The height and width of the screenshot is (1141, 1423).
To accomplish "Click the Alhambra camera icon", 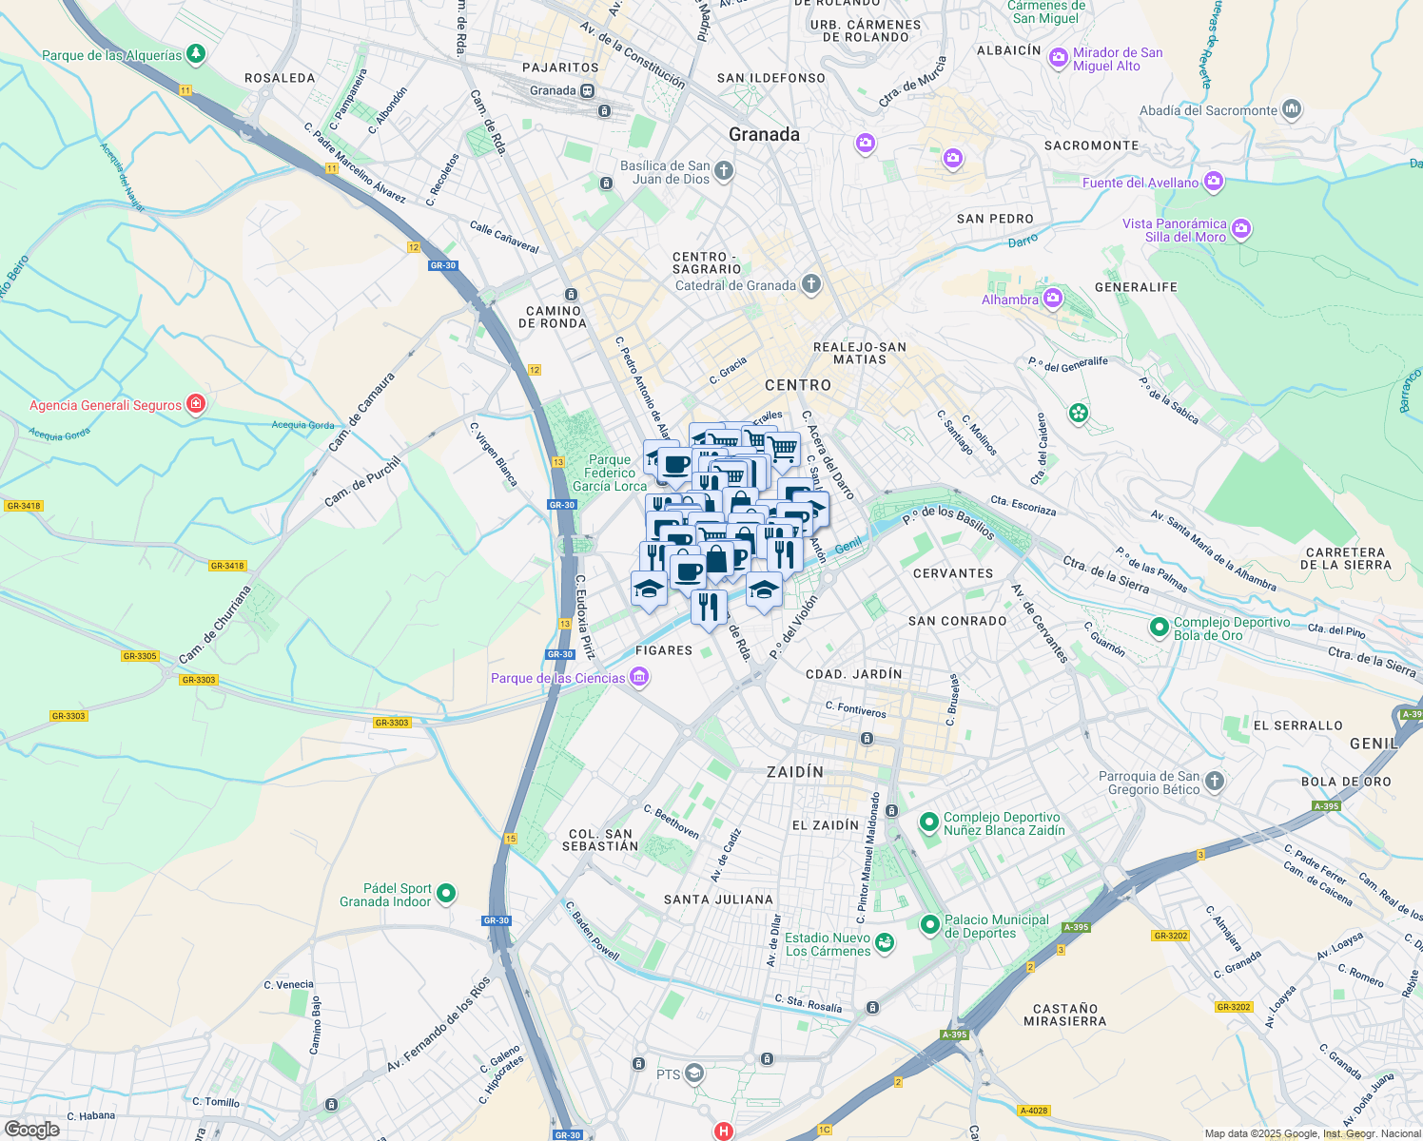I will [x=1052, y=300].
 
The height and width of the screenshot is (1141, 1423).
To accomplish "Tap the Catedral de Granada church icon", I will [x=810, y=284].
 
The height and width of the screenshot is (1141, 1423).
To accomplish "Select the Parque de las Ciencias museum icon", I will [x=639, y=678].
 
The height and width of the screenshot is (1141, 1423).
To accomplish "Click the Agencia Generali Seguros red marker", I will [x=195, y=404].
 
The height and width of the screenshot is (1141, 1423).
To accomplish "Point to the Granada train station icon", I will [x=588, y=91].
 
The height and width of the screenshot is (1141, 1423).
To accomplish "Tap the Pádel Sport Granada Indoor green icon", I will [x=446, y=895].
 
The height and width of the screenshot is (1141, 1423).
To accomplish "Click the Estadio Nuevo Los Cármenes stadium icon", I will [x=885, y=943].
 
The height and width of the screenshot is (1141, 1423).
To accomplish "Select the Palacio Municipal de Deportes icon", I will [x=929, y=925].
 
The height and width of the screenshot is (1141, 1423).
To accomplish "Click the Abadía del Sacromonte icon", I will [x=1291, y=109].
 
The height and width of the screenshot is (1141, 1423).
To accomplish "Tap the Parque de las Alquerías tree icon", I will [x=196, y=54].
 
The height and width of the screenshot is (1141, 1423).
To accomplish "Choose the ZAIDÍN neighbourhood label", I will [x=795, y=772].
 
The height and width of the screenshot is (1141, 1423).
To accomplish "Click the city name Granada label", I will [x=764, y=134].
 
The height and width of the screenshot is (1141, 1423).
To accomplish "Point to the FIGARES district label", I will [x=664, y=650].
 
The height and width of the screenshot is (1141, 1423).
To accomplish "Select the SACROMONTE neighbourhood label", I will [x=1091, y=145].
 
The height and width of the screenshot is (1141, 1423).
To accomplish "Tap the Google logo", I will [x=32, y=1129].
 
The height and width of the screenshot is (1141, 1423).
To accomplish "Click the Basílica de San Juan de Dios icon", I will [x=724, y=171].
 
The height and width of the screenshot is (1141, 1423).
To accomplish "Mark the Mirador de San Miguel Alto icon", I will [x=1058, y=59].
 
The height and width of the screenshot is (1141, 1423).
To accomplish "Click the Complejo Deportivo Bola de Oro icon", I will [x=1159, y=629].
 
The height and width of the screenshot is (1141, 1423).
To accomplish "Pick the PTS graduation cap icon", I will [x=694, y=1073].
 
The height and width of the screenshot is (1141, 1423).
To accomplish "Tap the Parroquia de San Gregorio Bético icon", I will [x=1214, y=782].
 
